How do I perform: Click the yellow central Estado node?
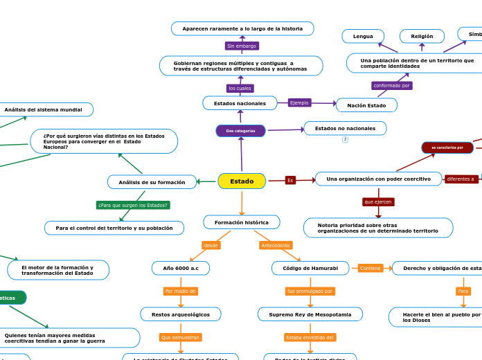(242, 181)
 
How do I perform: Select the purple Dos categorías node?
(240, 131)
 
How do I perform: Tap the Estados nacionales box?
(240, 103)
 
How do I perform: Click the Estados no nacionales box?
(345, 128)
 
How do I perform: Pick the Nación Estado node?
(366, 105)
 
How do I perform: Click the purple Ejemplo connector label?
(299, 102)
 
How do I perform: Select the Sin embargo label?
(242, 46)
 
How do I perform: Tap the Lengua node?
(363, 36)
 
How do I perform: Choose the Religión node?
(422, 36)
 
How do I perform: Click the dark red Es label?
(290, 180)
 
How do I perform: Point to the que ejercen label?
(378, 202)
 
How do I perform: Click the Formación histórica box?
(242, 222)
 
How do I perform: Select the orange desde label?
(211, 245)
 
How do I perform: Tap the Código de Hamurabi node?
(310, 268)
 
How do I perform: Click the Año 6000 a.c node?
(181, 268)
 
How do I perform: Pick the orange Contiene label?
(371, 268)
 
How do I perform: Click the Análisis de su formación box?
(152, 182)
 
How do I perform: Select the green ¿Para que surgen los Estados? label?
(133, 205)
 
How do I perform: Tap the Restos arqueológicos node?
(181, 314)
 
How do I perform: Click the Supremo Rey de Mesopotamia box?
(310, 314)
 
